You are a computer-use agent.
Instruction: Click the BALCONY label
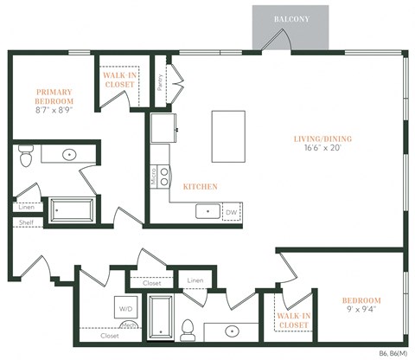(290, 18)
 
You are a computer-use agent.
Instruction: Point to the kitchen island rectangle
(228, 136)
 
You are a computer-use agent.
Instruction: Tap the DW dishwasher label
(231, 211)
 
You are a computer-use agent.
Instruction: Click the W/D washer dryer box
(125, 307)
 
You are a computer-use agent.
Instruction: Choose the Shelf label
(25, 223)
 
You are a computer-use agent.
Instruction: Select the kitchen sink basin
(207, 211)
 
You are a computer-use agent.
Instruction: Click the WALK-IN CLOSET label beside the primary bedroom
(119, 80)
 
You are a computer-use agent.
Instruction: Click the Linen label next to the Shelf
(25, 207)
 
